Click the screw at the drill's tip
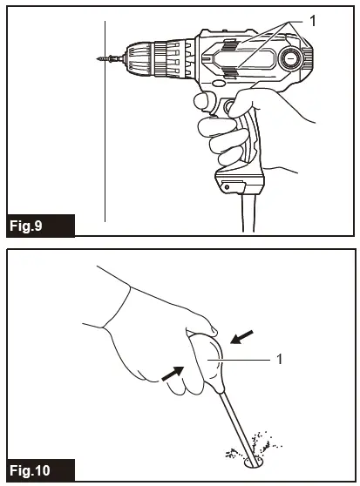(104, 58)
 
